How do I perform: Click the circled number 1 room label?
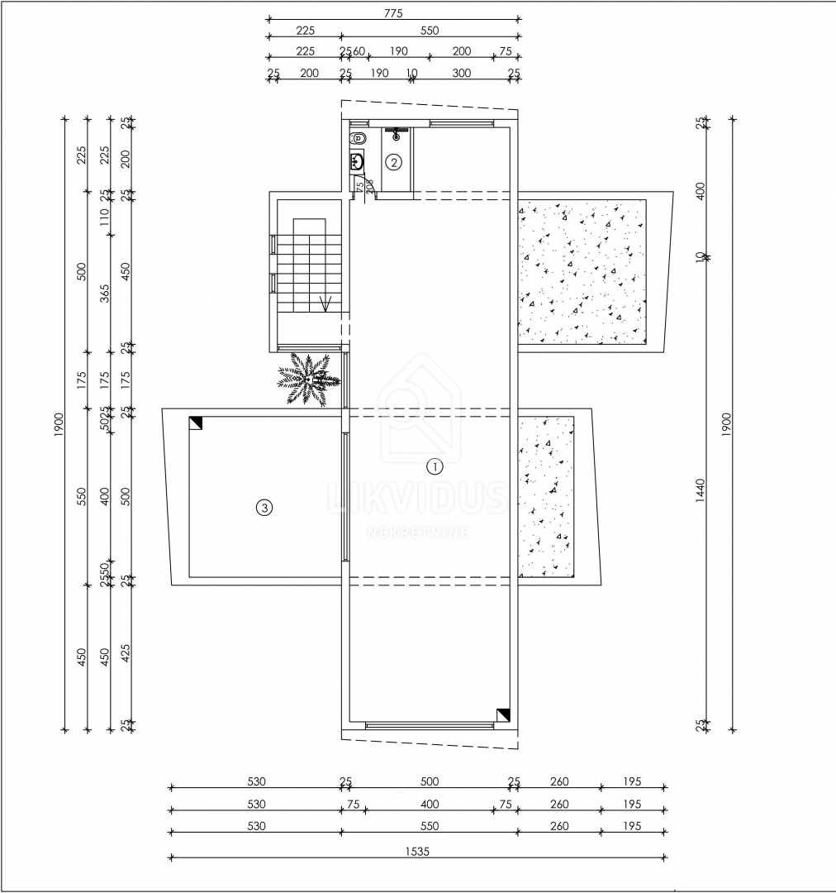(435, 466)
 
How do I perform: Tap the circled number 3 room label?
(264, 508)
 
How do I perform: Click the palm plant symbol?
(307, 380)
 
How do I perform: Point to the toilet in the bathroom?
(359, 138)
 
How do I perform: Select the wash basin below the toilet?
(357, 160)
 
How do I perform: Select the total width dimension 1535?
(418, 850)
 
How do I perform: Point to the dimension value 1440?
(701, 491)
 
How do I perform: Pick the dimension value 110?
(105, 217)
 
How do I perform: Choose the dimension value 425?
(126, 654)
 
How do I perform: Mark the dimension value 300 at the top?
(462, 74)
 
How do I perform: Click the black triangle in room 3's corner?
(196, 423)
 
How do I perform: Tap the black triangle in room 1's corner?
(503, 715)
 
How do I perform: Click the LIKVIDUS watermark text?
(418, 499)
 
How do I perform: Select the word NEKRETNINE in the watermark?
(418, 532)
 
